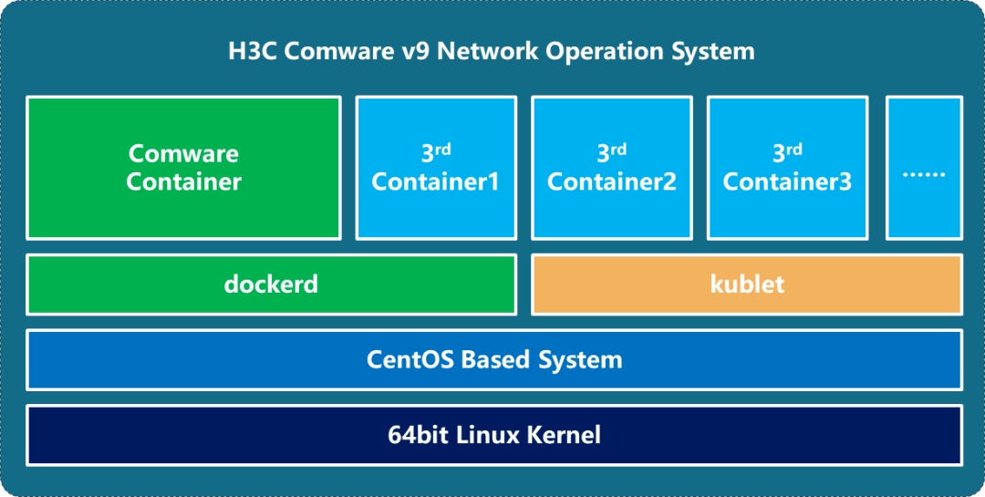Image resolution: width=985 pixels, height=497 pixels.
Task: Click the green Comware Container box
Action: tap(183, 168)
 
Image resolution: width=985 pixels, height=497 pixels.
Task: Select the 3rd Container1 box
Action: tap(436, 168)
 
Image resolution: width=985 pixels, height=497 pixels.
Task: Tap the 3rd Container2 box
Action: tap(611, 168)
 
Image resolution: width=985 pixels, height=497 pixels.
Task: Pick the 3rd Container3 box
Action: tap(787, 168)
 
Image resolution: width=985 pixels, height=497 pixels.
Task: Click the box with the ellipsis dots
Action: tap(923, 168)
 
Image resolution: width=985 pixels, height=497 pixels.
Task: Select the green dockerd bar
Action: tap(271, 285)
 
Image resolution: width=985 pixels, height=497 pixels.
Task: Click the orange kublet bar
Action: tap(746, 285)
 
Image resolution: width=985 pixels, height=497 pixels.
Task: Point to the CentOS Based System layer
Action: tap(493, 359)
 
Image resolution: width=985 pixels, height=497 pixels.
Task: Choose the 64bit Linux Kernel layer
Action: tap(493, 434)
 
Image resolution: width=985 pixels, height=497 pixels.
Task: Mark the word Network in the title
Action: tap(487, 50)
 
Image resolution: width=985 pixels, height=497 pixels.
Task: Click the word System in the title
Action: tap(714, 50)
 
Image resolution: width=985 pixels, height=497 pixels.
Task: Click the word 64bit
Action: tap(417, 434)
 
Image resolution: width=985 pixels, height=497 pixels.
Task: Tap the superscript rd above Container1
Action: tap(443, 149)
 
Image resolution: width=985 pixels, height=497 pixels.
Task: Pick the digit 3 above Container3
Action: tap(779, 152)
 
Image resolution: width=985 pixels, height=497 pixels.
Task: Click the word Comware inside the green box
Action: tap(183, 153)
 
